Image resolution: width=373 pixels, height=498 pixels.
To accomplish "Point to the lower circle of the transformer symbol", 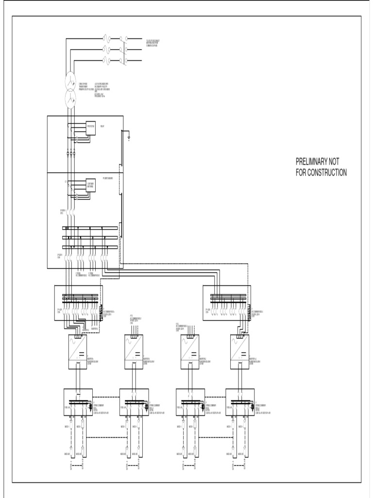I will coord(71,99).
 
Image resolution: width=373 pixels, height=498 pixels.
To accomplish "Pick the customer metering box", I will coord(91,185).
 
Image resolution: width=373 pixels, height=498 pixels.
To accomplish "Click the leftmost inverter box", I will coord(77,352).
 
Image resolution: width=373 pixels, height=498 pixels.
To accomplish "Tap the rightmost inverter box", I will coord(238,352).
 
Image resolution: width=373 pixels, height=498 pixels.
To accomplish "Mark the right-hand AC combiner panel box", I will coord(226,302).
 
